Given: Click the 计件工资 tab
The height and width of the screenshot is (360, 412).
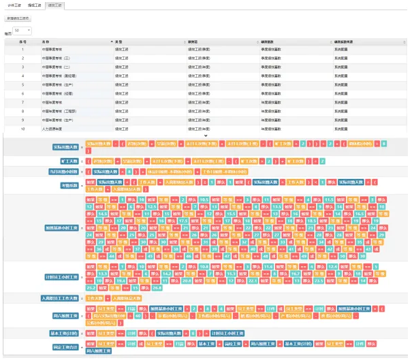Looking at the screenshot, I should click(x=14, y=5).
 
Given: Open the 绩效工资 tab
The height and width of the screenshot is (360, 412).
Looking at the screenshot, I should click(x=55, y=5).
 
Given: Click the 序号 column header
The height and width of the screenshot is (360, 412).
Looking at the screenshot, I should click(x=22, y=42).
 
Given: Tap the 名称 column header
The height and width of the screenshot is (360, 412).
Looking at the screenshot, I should click(x=46, y=42).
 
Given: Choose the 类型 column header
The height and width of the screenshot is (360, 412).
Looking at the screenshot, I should click(x=119, y=42).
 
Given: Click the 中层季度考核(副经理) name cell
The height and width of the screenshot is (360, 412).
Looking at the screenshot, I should click(x=57, y=76).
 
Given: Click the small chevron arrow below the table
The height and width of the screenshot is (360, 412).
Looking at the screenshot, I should click(x=206, y=135).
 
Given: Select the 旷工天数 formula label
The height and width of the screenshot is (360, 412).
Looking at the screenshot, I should click(x=70, y=161).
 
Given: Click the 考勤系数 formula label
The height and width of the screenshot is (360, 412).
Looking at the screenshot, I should click(x=70, y=185).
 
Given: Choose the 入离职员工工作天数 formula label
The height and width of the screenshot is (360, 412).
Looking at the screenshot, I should click(x=60, y=299).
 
